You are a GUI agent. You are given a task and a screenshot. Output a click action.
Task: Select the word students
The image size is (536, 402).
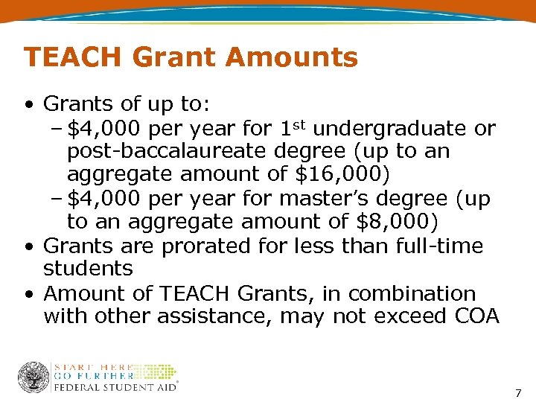(x=88, y=268)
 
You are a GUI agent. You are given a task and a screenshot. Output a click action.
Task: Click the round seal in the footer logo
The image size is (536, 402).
(x=33, y=377)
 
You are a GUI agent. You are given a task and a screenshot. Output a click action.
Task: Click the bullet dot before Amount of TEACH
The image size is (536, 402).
(x=28, y=293)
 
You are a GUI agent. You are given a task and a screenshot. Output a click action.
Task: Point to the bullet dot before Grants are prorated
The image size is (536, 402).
(x=28, y=246)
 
